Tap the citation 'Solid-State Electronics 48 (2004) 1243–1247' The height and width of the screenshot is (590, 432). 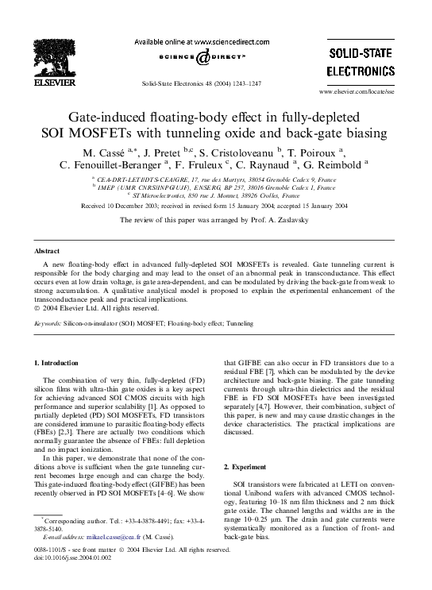200,83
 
